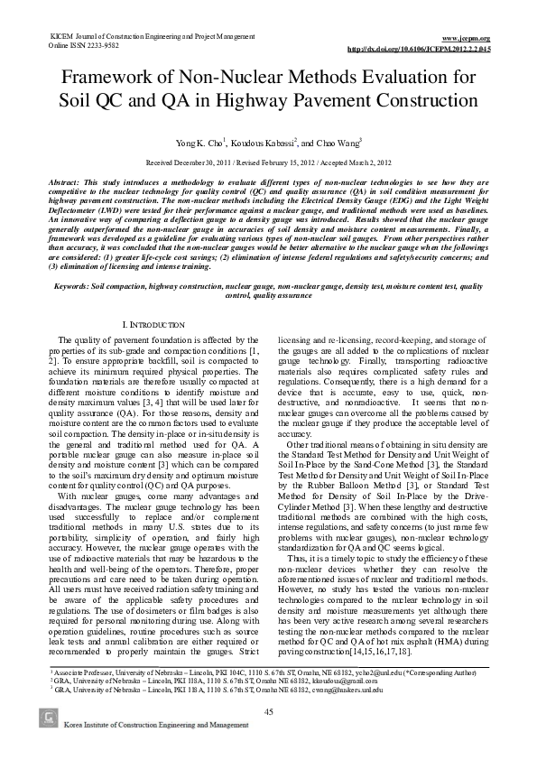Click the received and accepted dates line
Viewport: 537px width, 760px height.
(x=268, y=163)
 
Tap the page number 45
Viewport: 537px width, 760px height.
(x=268, y=713)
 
